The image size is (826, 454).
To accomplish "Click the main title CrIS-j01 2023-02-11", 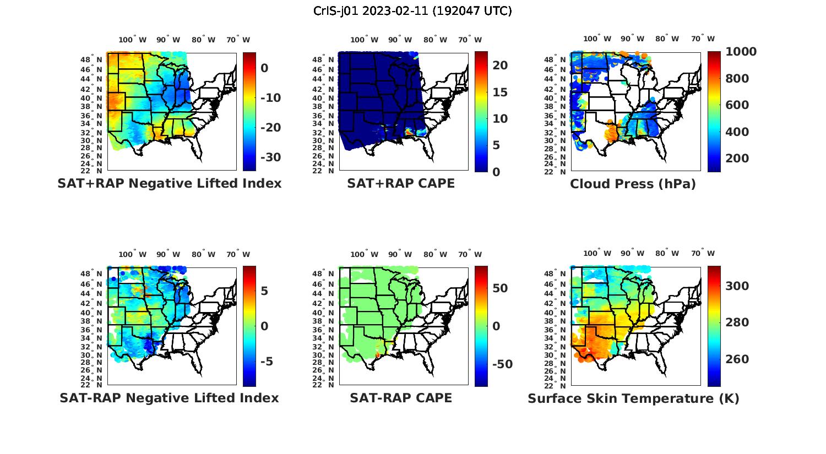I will coord(412,11).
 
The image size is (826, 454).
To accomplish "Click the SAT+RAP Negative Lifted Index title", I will coord(169,183).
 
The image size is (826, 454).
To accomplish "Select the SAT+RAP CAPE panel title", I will coord(401,183).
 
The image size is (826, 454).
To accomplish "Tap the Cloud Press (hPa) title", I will coord(633,184).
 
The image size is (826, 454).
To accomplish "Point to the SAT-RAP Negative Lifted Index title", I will coord(169,398).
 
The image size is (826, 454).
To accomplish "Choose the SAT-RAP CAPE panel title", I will coord(401,398).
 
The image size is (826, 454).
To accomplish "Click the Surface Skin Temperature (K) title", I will coord(633,398).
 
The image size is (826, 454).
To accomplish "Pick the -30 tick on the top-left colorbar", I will coord(270,157).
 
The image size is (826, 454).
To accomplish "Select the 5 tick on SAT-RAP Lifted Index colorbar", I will coord(264,291).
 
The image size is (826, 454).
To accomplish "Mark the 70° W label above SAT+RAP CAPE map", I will coord(470,40).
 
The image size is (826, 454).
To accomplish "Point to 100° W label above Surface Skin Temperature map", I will coord(597,254).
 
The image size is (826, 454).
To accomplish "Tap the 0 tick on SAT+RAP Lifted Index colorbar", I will coord(264,68).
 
